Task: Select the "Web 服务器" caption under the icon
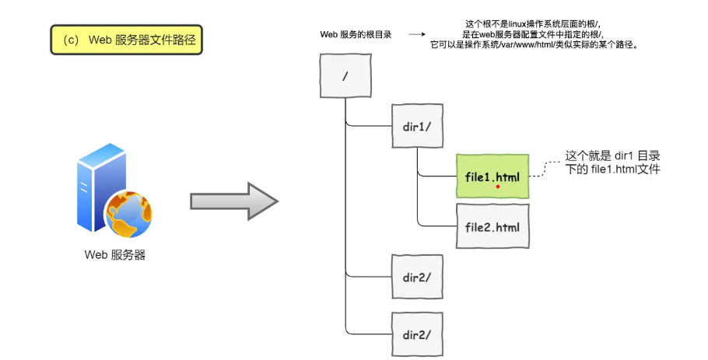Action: (x=115, y=254)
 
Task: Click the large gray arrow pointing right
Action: (x=233, y=202)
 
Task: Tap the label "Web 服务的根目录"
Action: (x=356, y=35)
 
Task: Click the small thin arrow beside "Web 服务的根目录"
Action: (x=417, y=35)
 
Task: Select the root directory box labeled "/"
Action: (x=345, y=77)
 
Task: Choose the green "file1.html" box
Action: (x=492, y=176)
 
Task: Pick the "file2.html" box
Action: (x=492, y=226)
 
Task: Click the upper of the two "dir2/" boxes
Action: (x=417, y=277)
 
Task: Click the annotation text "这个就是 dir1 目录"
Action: (x=612, y=156)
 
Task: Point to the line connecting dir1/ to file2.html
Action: (x=418, y=202)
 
